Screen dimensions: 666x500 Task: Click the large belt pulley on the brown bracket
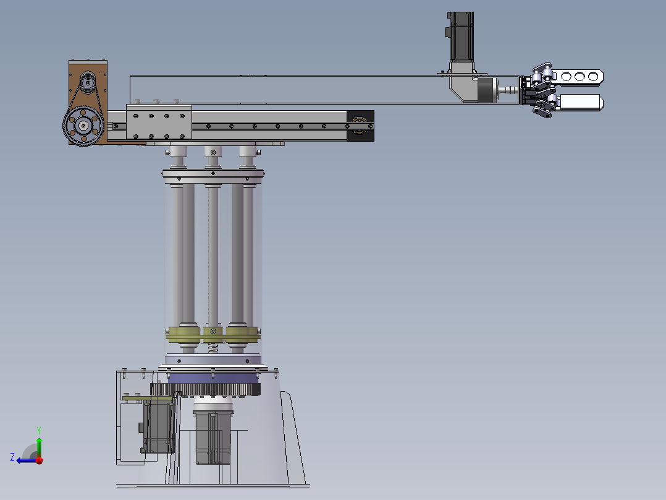coord(83,126)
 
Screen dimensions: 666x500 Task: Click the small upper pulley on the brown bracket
coord(88,81)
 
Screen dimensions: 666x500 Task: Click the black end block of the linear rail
coord(360,126)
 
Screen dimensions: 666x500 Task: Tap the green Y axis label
coord(39,430)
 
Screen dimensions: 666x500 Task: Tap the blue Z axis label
coord(12,457)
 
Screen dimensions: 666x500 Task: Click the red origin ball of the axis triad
coord(40,460)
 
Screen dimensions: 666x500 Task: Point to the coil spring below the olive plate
coord(213,348)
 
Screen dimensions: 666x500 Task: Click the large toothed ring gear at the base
coord(205,389)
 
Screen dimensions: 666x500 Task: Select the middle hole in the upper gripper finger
coord(580,77)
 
